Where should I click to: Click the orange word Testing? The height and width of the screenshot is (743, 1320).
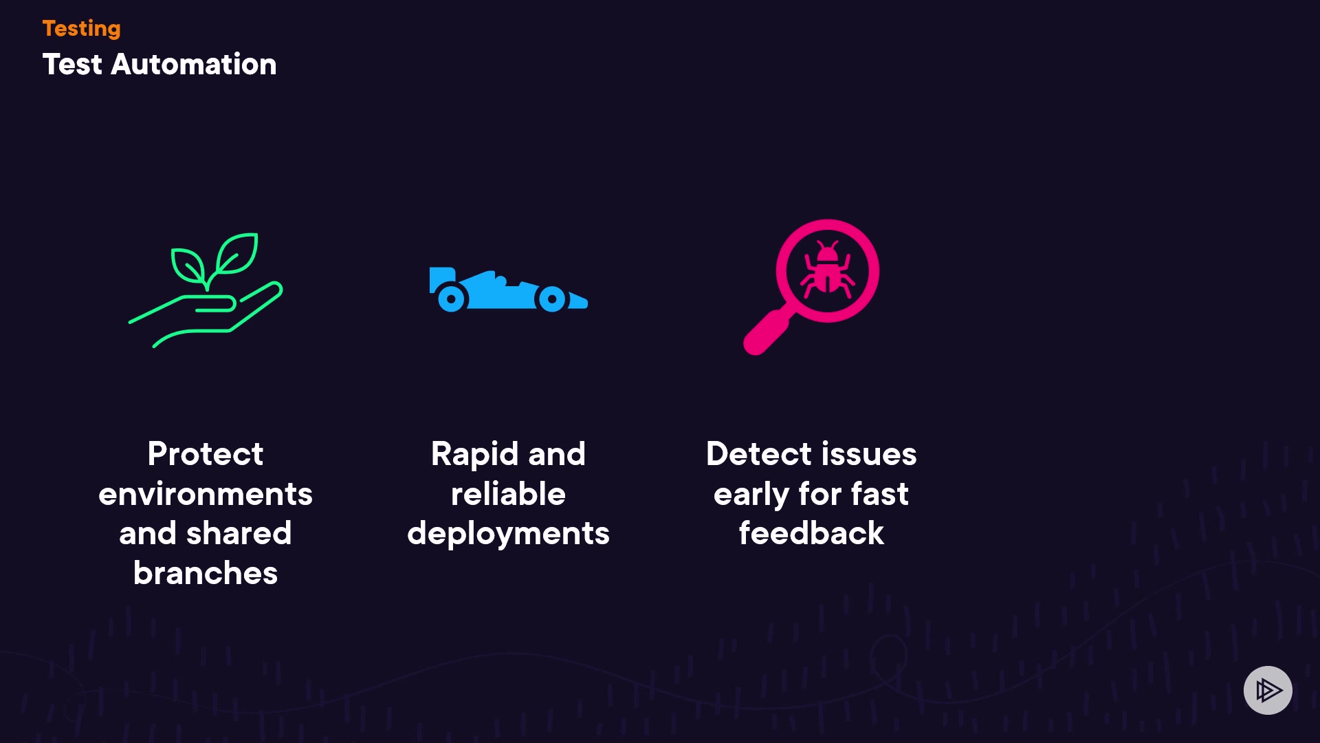point(81,28)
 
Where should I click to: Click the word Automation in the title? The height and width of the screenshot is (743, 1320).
point(193,65)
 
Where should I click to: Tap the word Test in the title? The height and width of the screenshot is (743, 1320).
point(72,65)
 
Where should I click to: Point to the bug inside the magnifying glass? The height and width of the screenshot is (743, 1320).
point(827,270)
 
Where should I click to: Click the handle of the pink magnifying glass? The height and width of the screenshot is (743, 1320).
point(767,334)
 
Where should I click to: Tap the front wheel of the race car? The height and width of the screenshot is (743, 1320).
point(552,299)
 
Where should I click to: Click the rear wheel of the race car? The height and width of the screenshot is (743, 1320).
point(451,299)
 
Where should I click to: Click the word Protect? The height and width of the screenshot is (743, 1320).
point(205,454)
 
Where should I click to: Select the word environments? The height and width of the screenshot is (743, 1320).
point(205,494)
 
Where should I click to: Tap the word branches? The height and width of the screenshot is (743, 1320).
point(205,573)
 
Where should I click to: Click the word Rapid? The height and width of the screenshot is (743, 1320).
point(474,454)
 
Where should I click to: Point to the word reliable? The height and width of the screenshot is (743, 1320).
point(508,494)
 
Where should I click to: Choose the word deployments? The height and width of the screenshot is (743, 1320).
point(508,534)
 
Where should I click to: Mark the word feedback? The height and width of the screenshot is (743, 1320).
point(811,534)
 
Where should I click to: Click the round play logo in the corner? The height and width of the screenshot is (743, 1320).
point(1268,690)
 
